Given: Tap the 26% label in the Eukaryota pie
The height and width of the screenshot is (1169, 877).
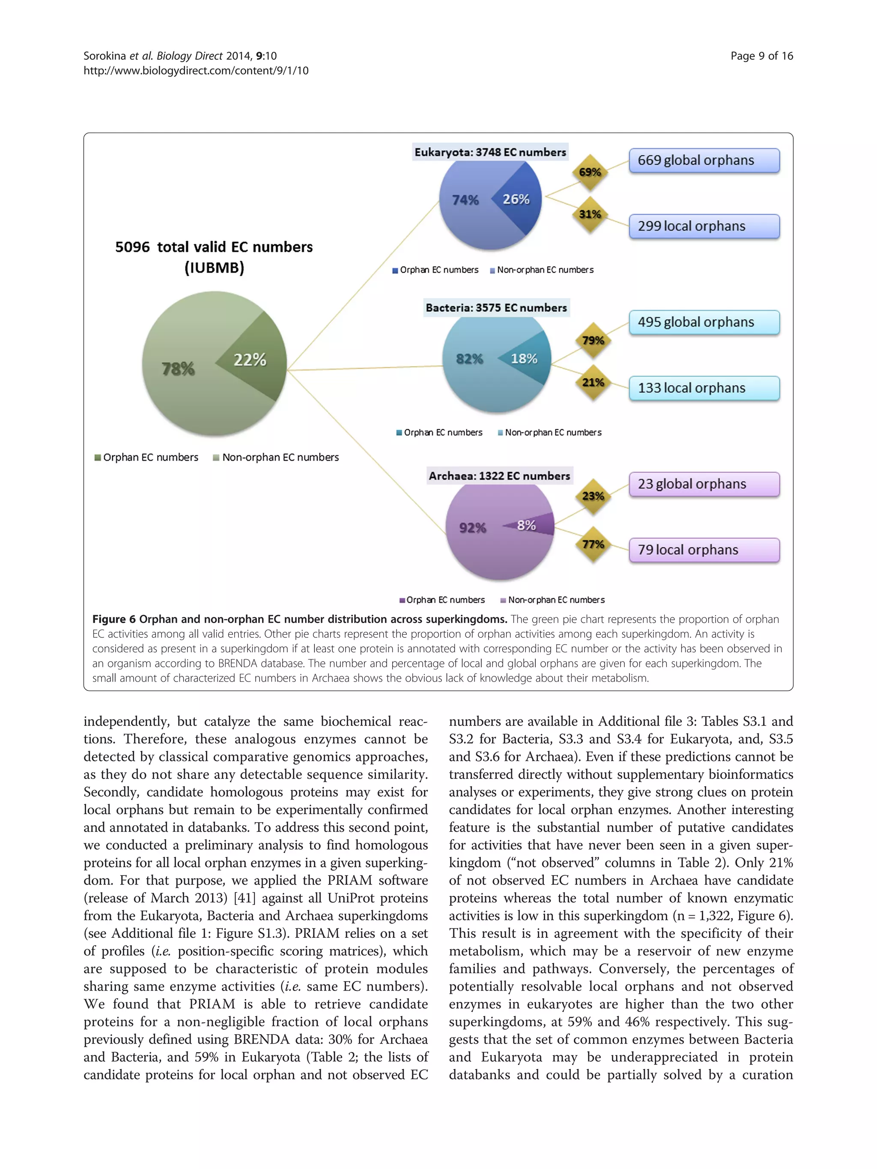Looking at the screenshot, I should click(516, 199).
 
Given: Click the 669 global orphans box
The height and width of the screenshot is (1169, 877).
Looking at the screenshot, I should click(704, 161).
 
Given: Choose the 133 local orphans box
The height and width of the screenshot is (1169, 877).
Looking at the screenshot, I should click(704, 388).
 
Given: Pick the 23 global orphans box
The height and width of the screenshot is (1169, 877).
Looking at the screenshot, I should click(704, 484).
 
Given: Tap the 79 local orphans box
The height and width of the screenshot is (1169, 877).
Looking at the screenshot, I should click(704, 550).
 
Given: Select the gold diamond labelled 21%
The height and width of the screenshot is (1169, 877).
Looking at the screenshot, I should click(593, 382).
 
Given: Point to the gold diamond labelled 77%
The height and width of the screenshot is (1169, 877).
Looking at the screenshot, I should click(593, 544).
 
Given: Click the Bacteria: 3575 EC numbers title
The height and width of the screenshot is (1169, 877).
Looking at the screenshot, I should click(496, 308).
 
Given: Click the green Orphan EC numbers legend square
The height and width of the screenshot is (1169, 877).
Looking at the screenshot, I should click(98, 458).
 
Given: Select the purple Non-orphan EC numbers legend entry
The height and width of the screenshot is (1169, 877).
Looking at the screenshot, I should click(552, 600).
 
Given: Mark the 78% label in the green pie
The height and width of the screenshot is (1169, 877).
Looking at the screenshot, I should click(178, 369).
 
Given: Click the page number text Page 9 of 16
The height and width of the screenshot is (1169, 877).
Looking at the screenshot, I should click(761, 56).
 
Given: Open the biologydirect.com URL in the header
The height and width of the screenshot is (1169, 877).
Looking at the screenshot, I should click(196, 71).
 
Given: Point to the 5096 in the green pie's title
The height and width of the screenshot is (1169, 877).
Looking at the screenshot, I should click(132, 247).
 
